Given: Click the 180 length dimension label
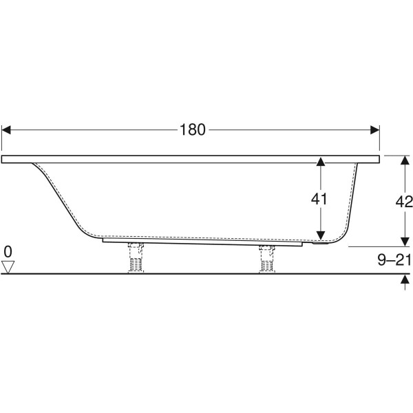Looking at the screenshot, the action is coord(192,130).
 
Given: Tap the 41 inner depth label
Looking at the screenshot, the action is coord(319,199).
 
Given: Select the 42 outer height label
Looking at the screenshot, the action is coord(404,202).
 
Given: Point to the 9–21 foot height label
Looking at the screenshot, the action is coord(394,260).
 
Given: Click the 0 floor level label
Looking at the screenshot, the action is coord(8,251).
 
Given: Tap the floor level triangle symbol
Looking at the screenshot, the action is coord(8,267).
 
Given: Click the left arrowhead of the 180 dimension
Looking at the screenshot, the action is coord(6,130).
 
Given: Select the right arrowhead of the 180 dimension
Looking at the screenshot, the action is coord(375,130).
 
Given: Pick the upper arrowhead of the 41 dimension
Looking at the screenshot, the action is coord(321,162).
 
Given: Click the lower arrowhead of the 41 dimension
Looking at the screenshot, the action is coord(321,235).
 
